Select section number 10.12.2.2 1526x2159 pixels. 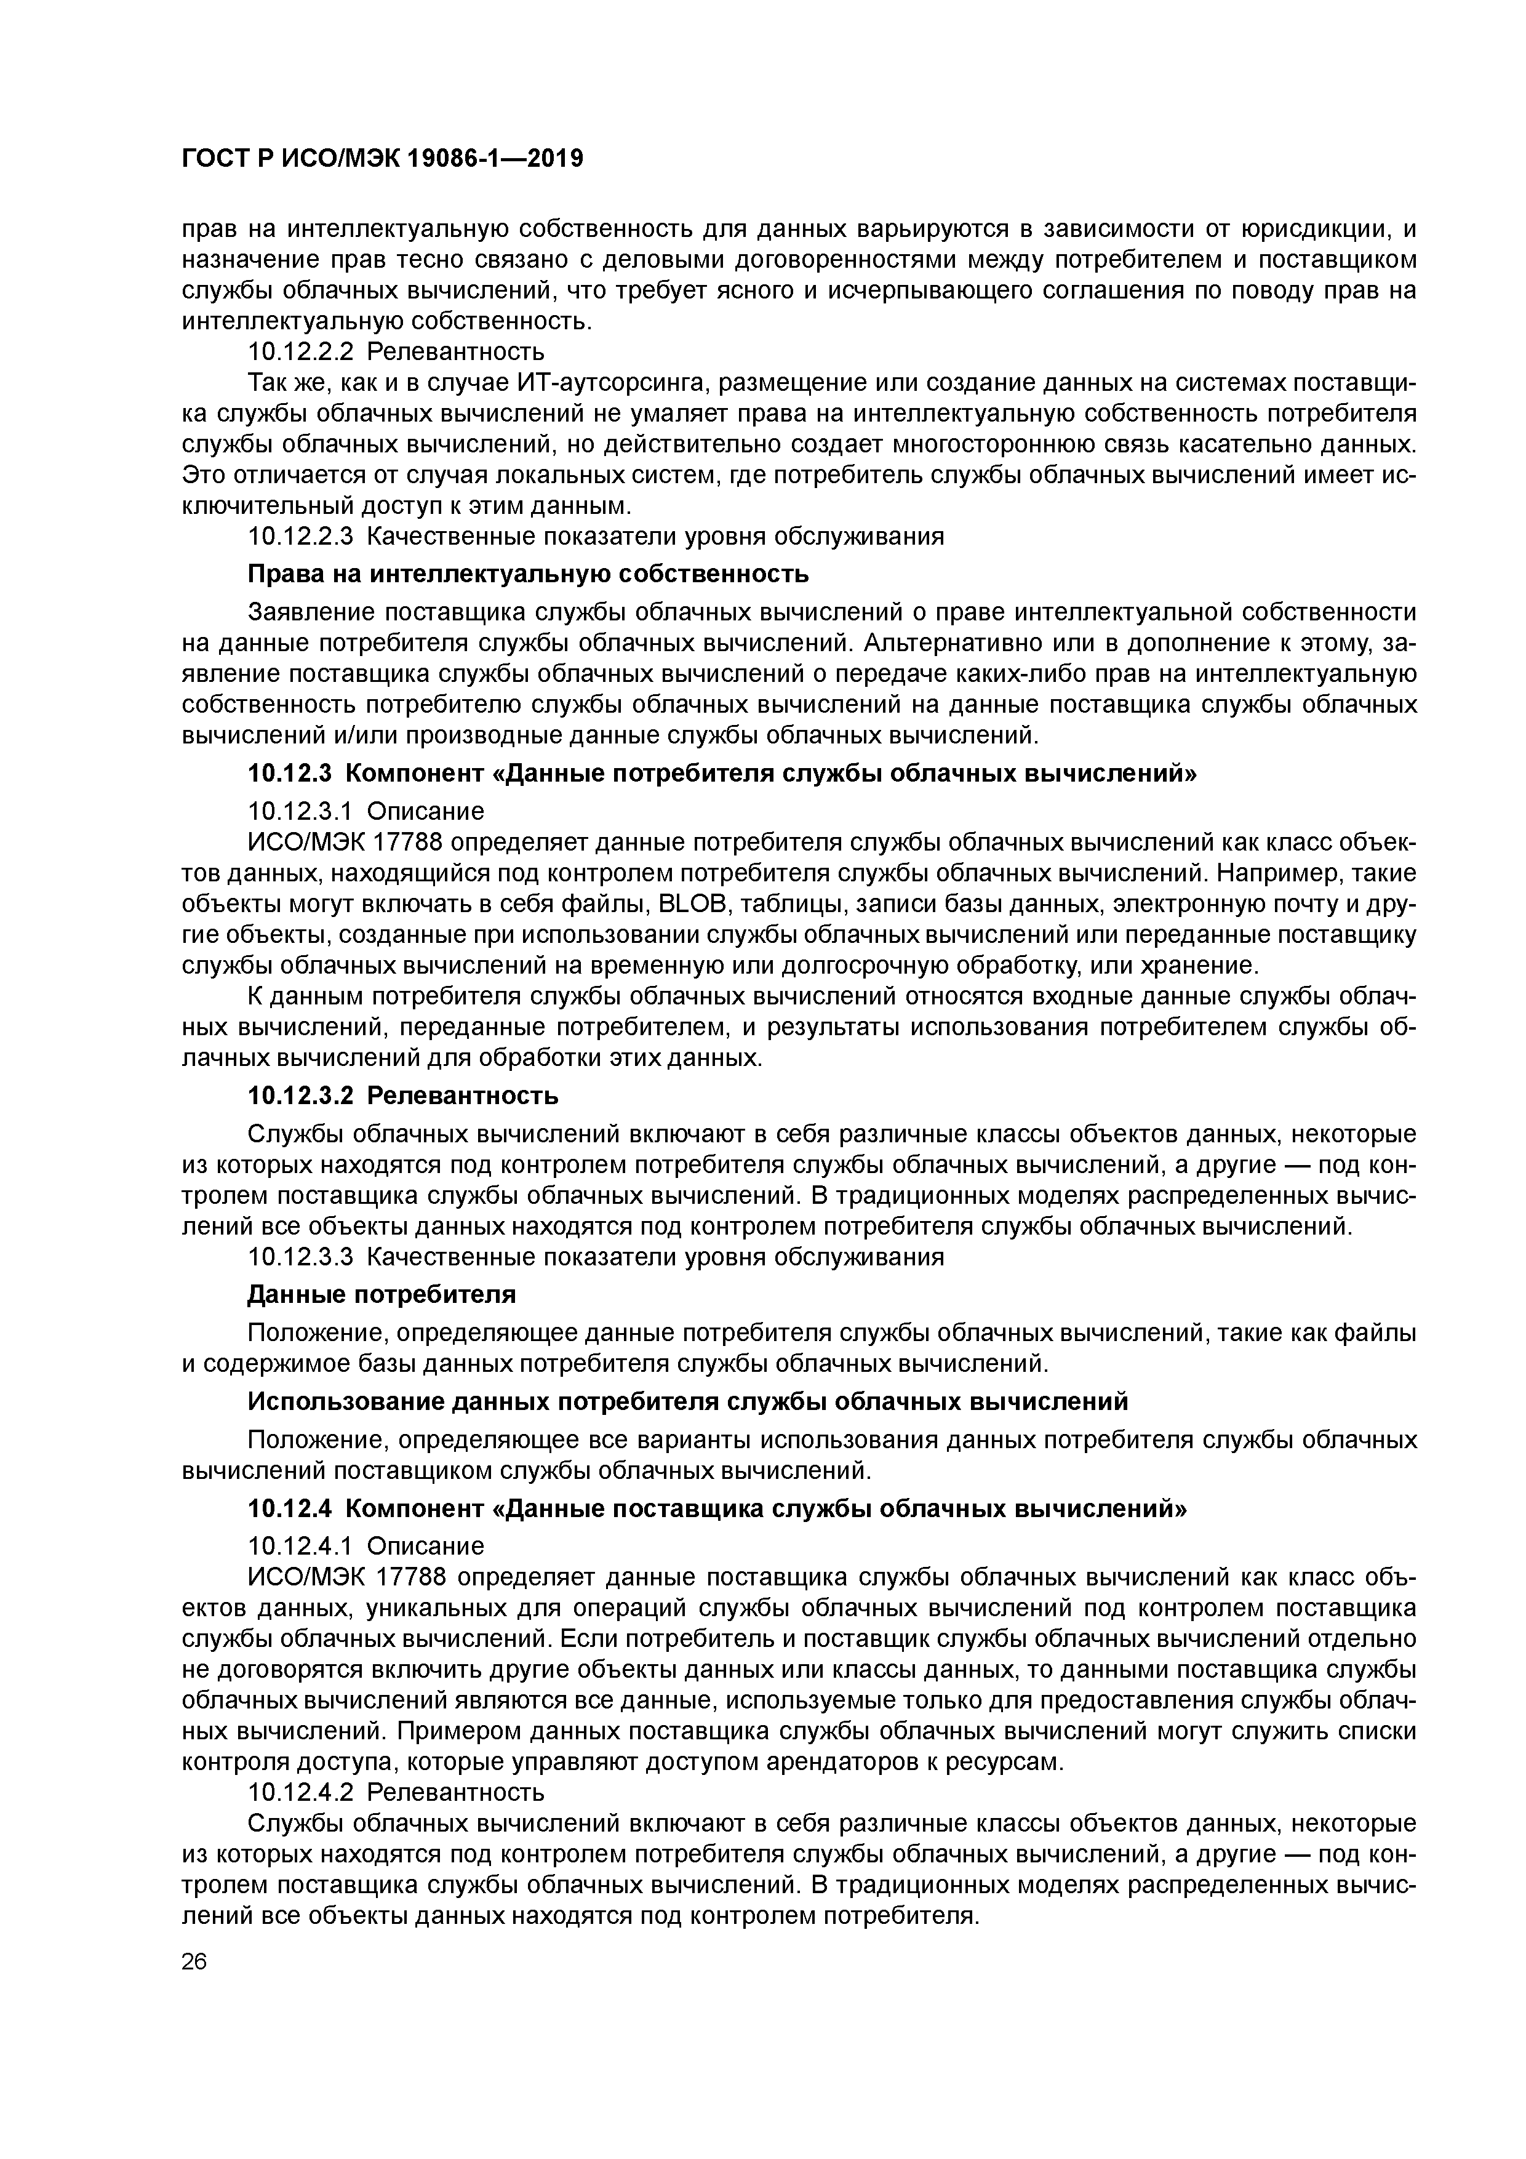click(x=301, y=351)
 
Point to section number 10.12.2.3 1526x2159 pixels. click(x=301, y=537)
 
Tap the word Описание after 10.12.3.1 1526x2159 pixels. click(x=425, y=811)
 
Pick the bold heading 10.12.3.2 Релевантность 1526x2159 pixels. click(x=402, y=1096)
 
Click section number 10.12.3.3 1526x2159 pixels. click(x=301, y=1257)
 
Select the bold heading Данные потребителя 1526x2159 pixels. click(x=381, y=1295)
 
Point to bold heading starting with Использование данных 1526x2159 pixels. click(x=686, y=1402)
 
